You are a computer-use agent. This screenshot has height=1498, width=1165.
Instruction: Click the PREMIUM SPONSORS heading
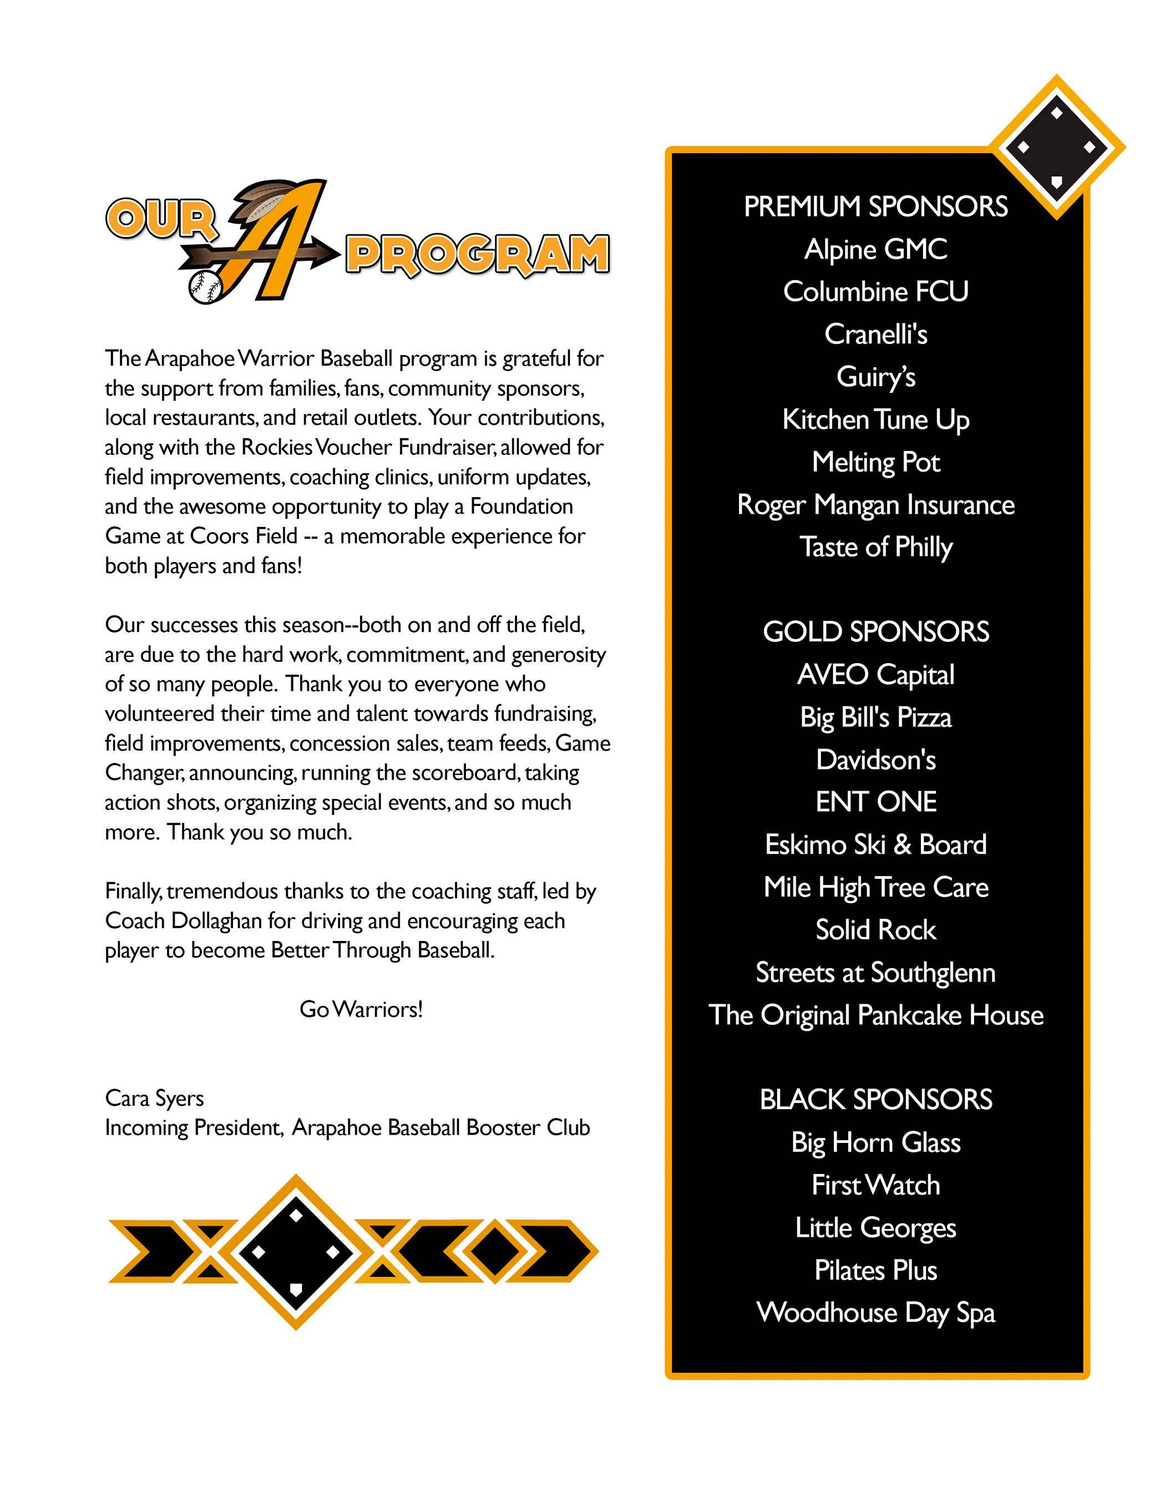875,206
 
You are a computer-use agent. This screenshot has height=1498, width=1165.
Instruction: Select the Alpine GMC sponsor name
875,250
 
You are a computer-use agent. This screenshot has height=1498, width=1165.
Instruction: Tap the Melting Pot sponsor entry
875,462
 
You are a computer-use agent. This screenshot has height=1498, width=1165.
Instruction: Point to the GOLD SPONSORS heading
875,632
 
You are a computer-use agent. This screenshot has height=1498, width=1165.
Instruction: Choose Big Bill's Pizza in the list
875,717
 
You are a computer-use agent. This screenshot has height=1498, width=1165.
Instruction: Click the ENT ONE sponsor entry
875,802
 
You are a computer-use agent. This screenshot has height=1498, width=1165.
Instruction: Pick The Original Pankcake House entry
875,1015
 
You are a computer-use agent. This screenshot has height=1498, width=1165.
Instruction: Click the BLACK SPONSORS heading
875,1100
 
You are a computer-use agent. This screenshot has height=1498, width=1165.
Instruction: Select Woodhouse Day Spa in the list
875,1313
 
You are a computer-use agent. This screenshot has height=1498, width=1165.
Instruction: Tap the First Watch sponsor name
875,1185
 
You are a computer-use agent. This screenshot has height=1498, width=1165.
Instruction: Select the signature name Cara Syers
154,1098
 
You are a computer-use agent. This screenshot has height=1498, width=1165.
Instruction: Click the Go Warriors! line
361,1009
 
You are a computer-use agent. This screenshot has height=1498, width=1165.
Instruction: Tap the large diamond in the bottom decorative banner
296,1252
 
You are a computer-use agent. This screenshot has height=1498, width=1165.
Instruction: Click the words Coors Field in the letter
244,536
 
